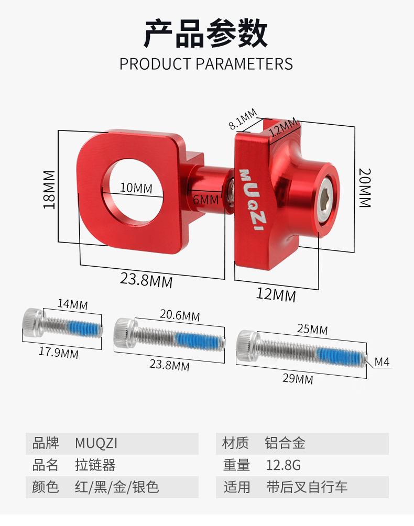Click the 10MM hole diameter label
tap(136, 188)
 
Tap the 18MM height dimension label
tap(49, 190)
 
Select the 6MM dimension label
tap(205, 200)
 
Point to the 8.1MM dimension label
tap(243, 119)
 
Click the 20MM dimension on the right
tap(365, 188)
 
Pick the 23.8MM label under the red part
tap(146, 280)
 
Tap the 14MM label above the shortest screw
tap(72, 304)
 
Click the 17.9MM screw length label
tap(59, 353)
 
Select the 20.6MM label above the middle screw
tap(180, 315)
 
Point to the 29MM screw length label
tap(298, 378)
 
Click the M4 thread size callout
tap(382, 361)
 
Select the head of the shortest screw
tap(33, 323)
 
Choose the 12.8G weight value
tap(284, 465)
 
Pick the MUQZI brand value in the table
tap(96, 443)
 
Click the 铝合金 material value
tap(285, 443)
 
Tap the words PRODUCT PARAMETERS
tap(206, 64)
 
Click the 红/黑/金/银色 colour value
tap(117, 487)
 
